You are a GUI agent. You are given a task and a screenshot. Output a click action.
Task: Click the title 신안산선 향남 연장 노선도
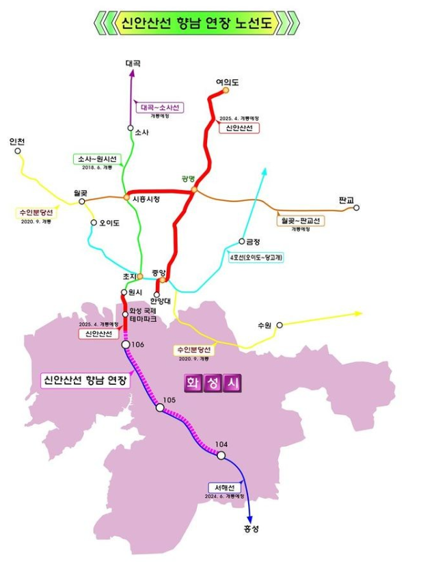point(196,23)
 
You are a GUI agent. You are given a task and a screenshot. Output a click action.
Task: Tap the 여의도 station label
point(226,82)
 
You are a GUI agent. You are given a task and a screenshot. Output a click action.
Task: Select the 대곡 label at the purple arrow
point(133,64)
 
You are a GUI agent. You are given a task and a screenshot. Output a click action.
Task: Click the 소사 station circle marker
point(131,128)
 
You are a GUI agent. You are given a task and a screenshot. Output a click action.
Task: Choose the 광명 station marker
point(194,189)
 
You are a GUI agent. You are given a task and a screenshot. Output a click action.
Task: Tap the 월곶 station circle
point(82,202)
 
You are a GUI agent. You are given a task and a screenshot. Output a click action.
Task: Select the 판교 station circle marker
point(356,208)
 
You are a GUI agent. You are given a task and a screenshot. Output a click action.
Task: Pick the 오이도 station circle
point(94,223)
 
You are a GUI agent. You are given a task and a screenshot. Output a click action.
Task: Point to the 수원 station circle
point(280,326)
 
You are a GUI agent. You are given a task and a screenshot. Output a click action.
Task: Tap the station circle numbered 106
point(126,345)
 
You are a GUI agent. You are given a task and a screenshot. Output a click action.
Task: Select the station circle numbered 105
point(160,408)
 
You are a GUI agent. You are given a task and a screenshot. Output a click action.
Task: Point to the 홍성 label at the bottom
point(251,529)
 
